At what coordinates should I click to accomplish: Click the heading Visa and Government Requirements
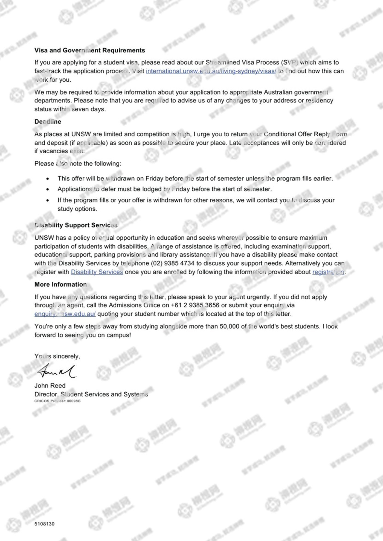pyautogui.click(x=89, y=50)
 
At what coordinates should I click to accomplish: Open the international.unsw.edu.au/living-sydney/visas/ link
pyautogui.click(x=211, y=71)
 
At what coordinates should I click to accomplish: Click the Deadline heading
pyautogui.click(x=48, y=122)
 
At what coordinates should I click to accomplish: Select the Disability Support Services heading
pyautogui.click(x=76, y=225)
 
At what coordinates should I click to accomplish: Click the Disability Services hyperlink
pyautogui.click(x=97, y=272)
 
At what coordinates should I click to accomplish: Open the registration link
pyautogui.click(x=328, y=272)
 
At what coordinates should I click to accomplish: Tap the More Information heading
pyautogui.click(x=60, y=284)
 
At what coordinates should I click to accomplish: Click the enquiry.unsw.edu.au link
pyautogui.click(x=65, y=314)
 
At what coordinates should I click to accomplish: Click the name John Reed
pyautogui.click(x=50, y=386)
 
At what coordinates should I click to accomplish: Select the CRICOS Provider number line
pyautogui.click(x=57, y=401)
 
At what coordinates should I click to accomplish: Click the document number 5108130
pyautogui.click(x=44, y=524)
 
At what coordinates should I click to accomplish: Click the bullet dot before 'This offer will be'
pyautogui.click(x=48, y=179)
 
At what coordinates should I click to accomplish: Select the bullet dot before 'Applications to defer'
pyautogui.click(x=48, y=189)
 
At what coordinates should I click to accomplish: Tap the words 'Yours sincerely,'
pyautogui.click(x=57, y=356)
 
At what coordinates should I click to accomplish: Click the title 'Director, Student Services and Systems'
pyautogui.click(x=91, y=394)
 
